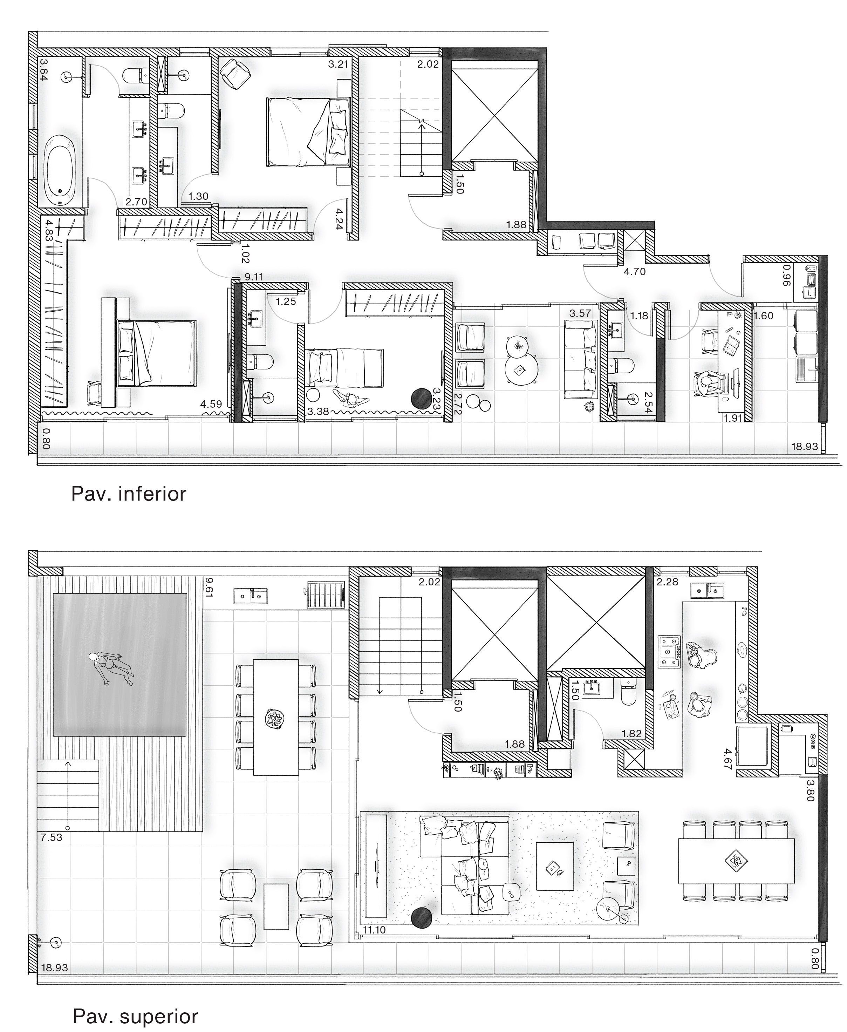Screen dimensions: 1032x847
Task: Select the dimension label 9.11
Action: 254,277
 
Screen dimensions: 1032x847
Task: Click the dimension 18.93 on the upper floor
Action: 54,967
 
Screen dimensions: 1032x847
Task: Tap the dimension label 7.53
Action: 51,838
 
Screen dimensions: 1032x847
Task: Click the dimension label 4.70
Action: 635,271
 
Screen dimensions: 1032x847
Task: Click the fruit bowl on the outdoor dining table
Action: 275,719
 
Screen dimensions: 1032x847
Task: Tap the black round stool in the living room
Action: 422,917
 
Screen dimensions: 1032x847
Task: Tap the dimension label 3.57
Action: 580,313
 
